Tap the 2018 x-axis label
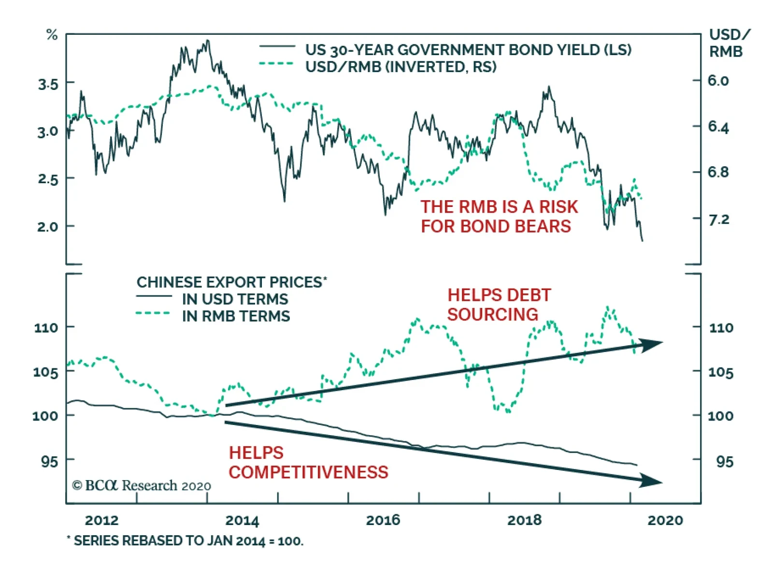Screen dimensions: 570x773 [524, 520]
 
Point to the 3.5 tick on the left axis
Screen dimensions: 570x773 [48, 85]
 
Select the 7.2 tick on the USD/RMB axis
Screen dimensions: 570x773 [718, 220]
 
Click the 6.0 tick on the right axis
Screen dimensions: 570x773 [718, 81]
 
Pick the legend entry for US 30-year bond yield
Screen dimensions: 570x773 [468, 50]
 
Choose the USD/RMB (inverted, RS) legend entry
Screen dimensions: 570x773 [401, 67]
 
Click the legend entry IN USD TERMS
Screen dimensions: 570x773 [235, 299]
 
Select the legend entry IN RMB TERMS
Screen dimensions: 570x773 [236, 316]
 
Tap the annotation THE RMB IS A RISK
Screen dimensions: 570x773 [499, 207]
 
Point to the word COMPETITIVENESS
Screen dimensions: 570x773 [308, 472]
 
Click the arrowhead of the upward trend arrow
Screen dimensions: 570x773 [652, 344]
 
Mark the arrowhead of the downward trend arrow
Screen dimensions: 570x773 [652, 481]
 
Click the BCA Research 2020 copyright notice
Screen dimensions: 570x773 [141, 485]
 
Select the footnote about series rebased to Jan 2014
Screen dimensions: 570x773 [185, 541]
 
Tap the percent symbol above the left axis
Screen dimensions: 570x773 [52, 35]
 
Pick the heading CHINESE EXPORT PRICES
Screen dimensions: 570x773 [231, 282]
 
